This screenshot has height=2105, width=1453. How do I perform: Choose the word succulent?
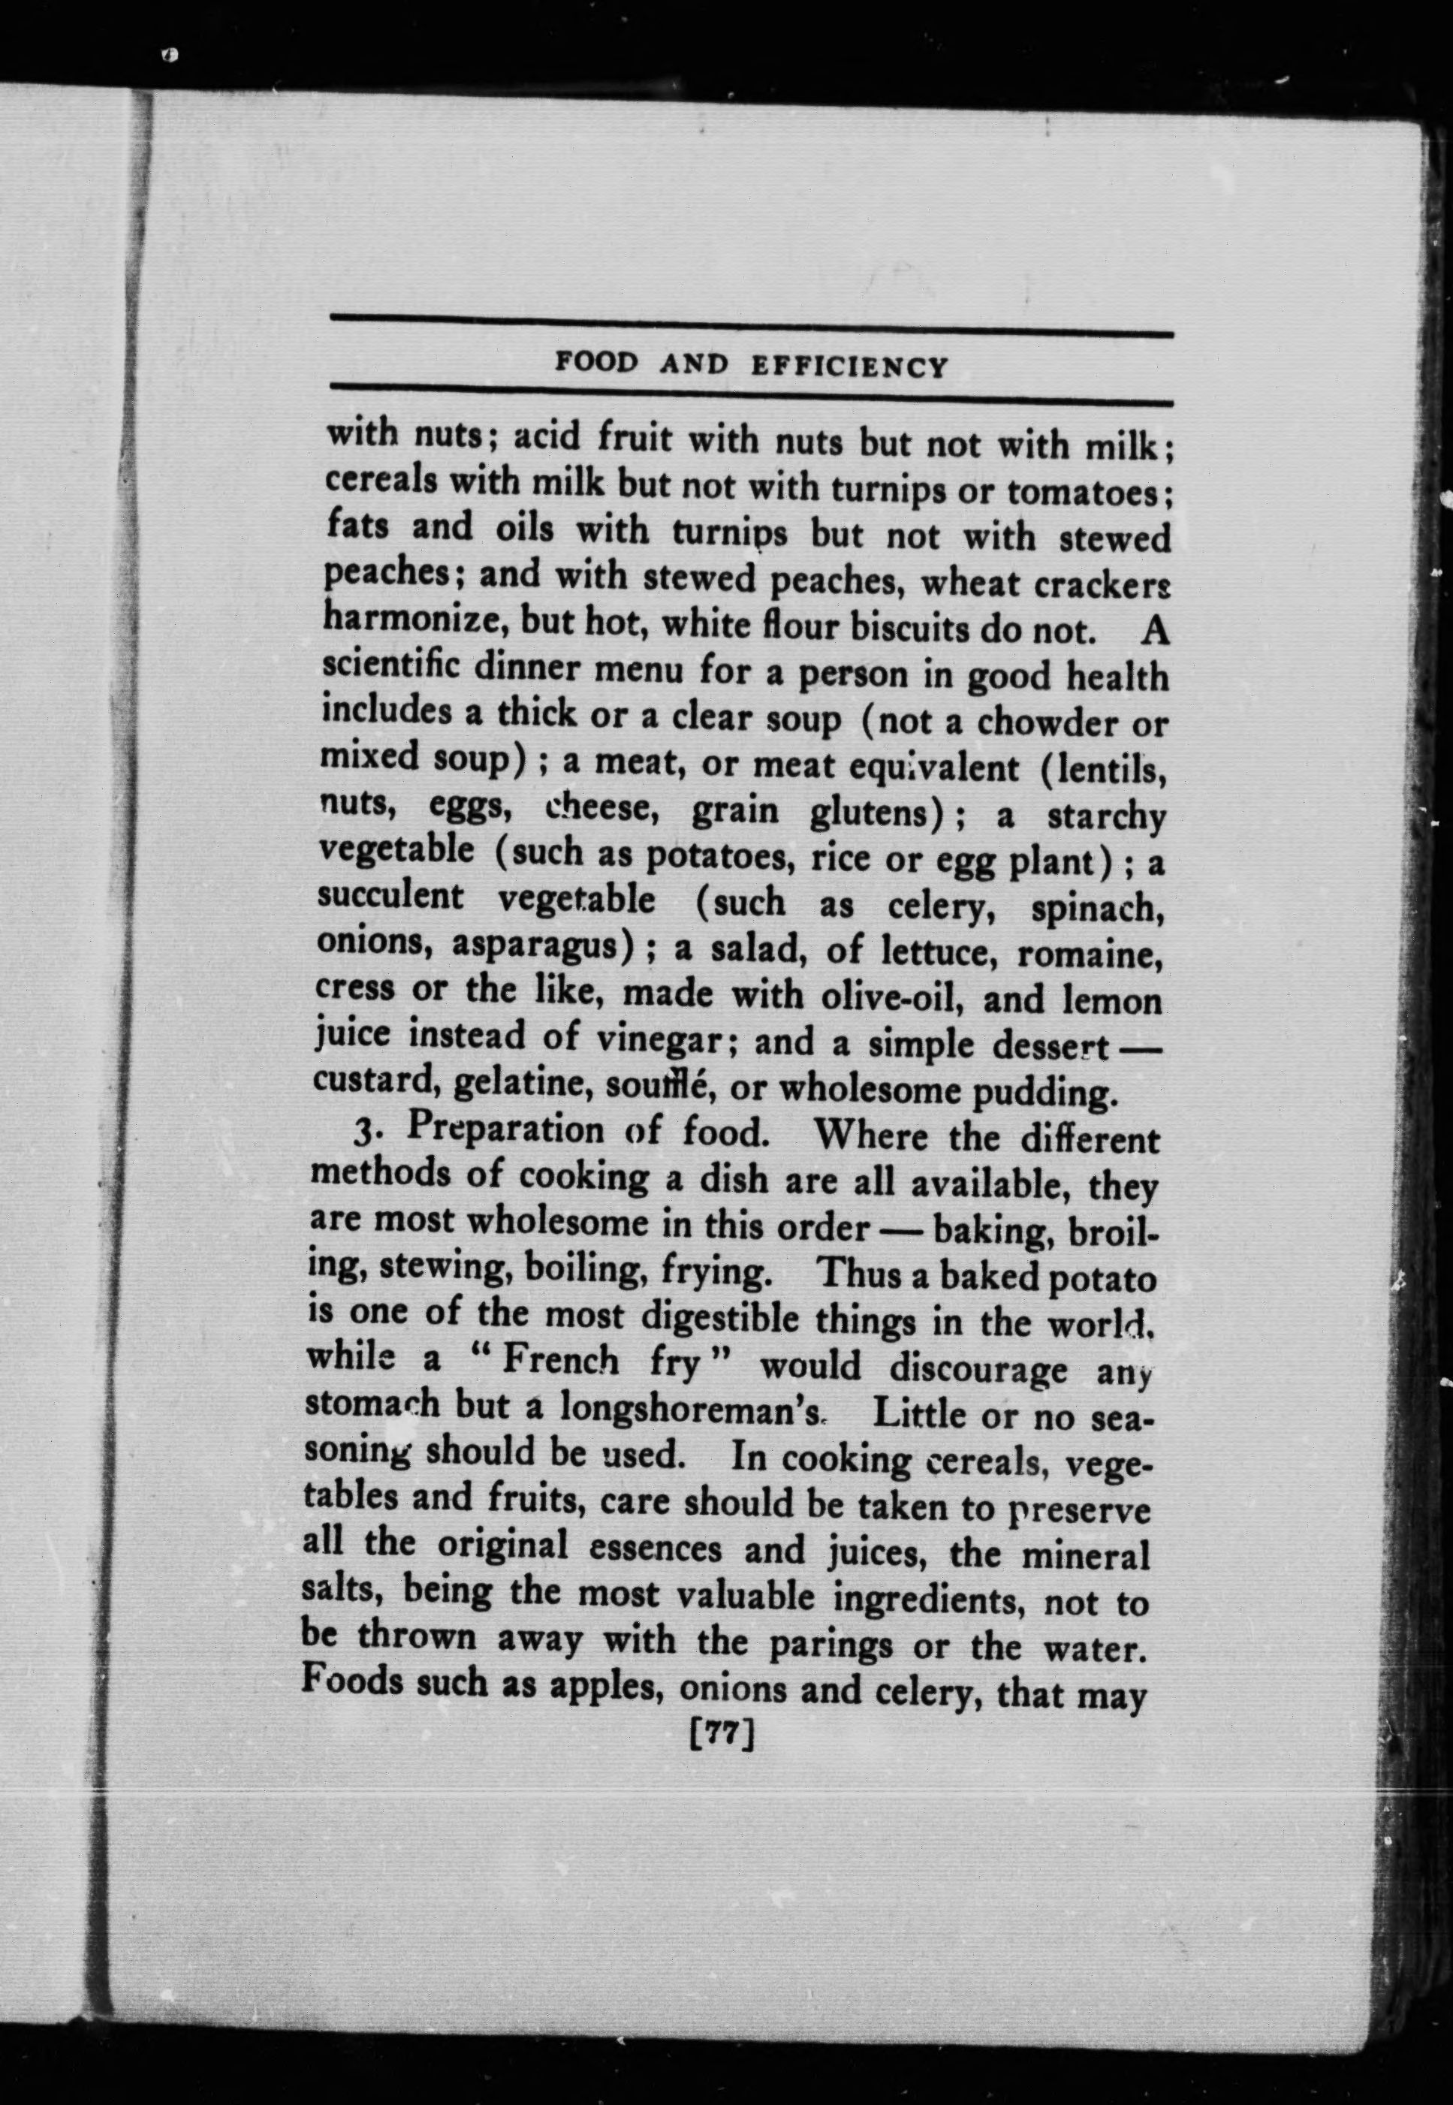pyautogui.click(x=390, y=896)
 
